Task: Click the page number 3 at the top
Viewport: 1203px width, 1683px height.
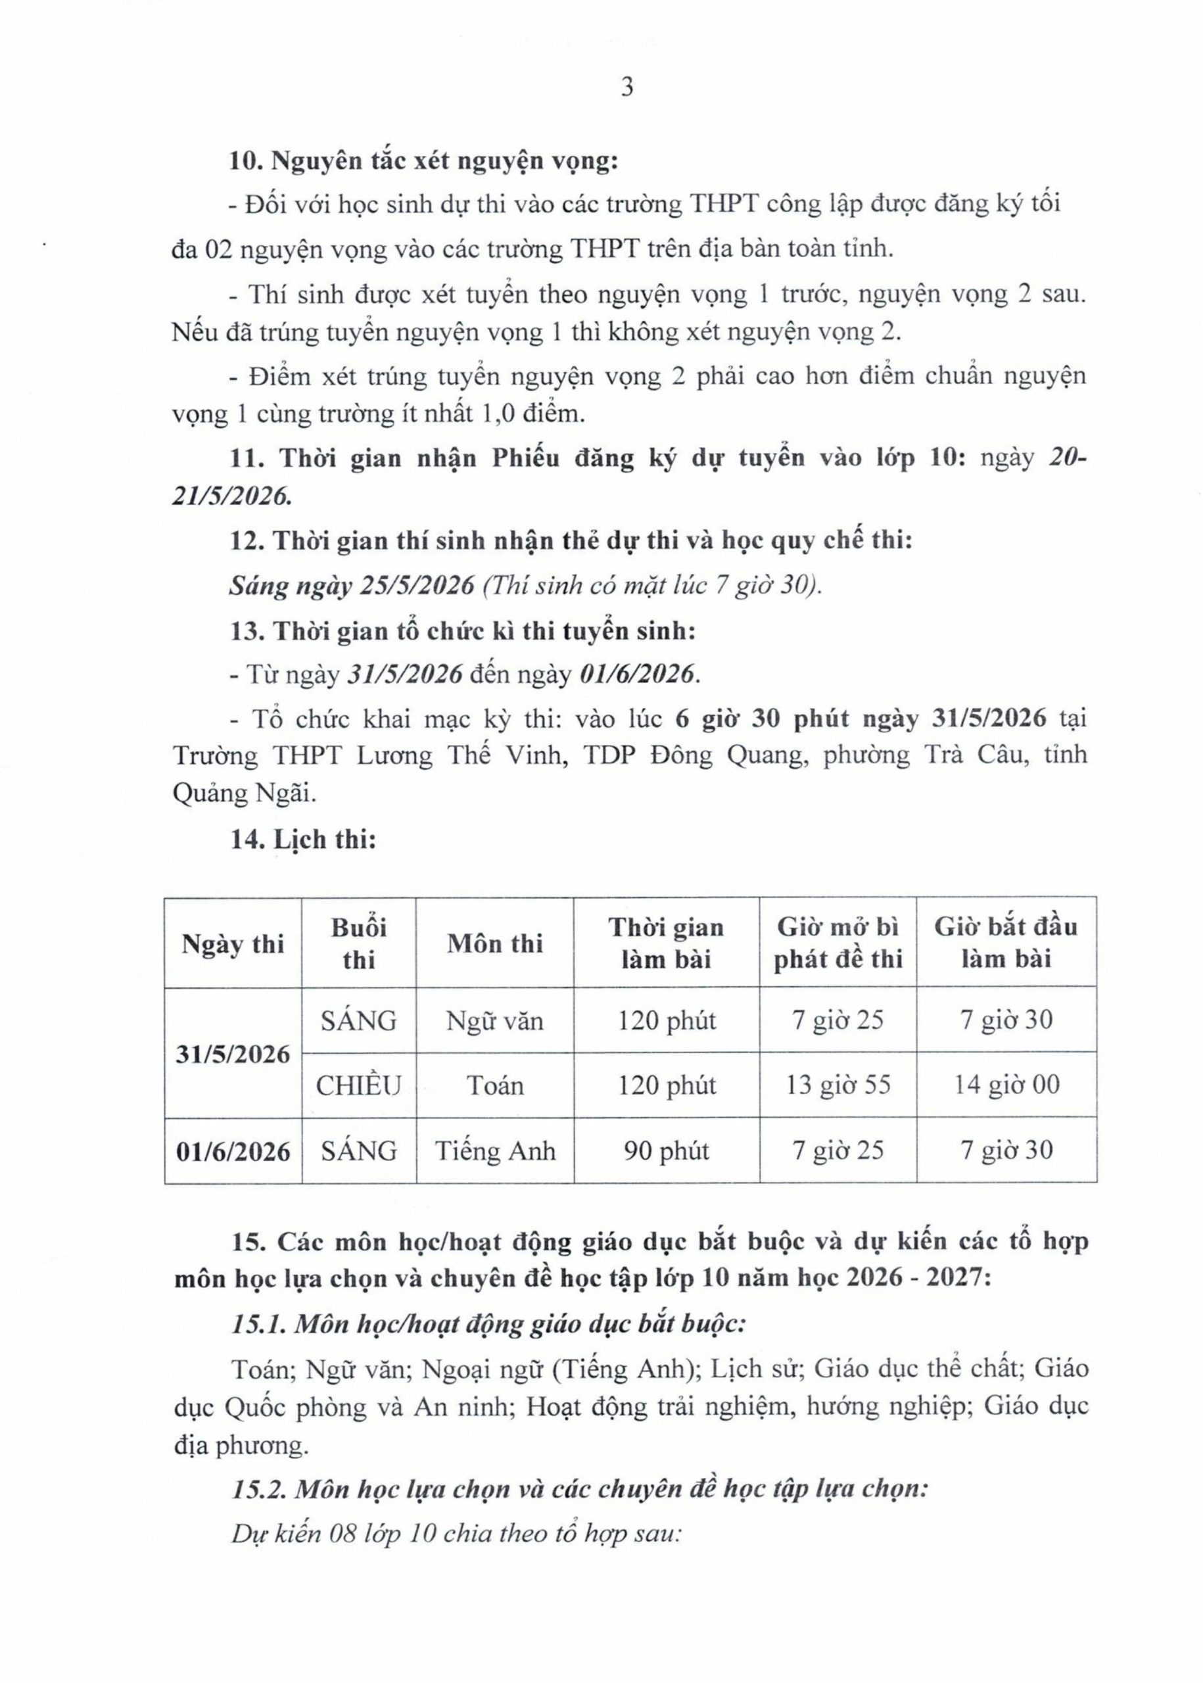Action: pyautogui.click(x=626, y=88)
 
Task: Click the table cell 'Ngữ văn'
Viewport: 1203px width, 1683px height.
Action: pyautogui.click(x=494, y=1022)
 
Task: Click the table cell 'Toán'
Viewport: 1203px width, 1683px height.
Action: pyautogui.click(x=494, y=1086)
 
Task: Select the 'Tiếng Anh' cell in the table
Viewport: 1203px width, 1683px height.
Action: pyautogui.click(x=494, y=1151)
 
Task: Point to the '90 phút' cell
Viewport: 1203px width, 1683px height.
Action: pyautogui.click(x=666, y=1151)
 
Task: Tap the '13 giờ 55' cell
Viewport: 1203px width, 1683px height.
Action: pyautogui.click(x=837, y=1086)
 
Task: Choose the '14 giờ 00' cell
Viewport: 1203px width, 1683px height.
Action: pyautogui.click(x=1006, y=1086)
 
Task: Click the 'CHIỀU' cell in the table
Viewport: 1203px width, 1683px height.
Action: pyautogui.click(x=358, y=1086)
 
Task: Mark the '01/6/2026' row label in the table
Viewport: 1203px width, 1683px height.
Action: pyautogui.click(x=233, y=1152)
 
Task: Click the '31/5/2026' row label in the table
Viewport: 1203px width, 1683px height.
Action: pyautogui.click(x=233, y=1054)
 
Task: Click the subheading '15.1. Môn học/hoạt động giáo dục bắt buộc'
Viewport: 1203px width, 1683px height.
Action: pyautogui.click(x=488, y=1323)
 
